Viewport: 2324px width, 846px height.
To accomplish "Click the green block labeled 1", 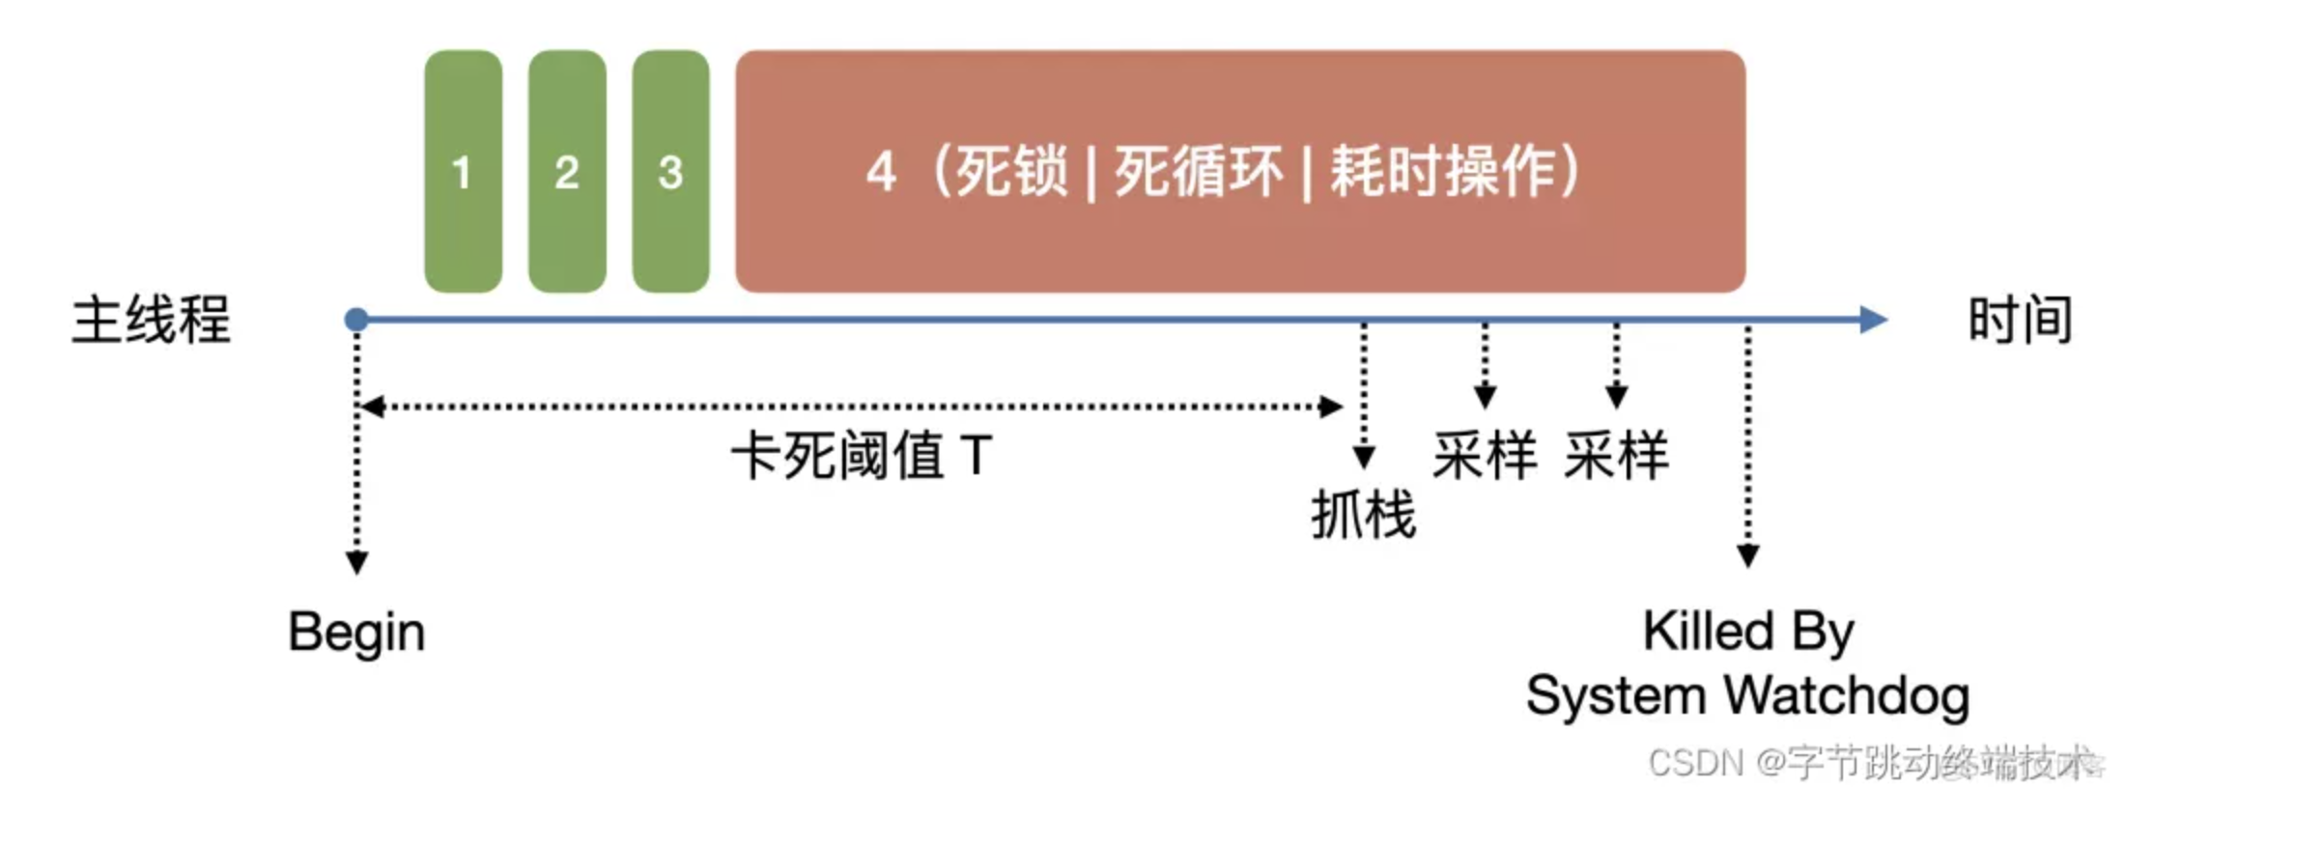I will point(463,171).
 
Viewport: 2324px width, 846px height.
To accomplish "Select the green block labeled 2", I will point(567,171).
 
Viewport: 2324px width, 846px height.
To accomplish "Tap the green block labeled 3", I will point(670,171).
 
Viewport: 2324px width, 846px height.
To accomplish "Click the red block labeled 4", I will point(1239,171).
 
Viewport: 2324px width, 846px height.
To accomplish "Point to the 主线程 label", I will point(152,320).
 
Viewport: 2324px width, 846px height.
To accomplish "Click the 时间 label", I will point(2020,320).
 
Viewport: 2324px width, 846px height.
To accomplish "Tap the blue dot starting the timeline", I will point(356,320).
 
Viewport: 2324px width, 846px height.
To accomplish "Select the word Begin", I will point(356,633).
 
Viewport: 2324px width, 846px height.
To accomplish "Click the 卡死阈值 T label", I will point(862,456).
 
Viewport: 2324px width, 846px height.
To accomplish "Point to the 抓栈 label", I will point(1363,514).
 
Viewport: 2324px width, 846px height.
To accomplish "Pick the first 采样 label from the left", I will point(1485,456).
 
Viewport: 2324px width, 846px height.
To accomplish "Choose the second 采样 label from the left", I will point(1616,456).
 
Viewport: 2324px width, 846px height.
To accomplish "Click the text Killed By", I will point(1748,632).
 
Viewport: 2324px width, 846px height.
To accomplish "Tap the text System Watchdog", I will point(1748,695).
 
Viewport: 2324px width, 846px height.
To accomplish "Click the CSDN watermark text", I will point(1874,763).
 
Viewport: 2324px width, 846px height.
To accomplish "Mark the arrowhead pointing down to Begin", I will point(356,563).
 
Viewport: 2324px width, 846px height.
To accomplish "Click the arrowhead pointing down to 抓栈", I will point(1364,457).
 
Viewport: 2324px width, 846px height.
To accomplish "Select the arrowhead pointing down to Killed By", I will point(1748,556).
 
